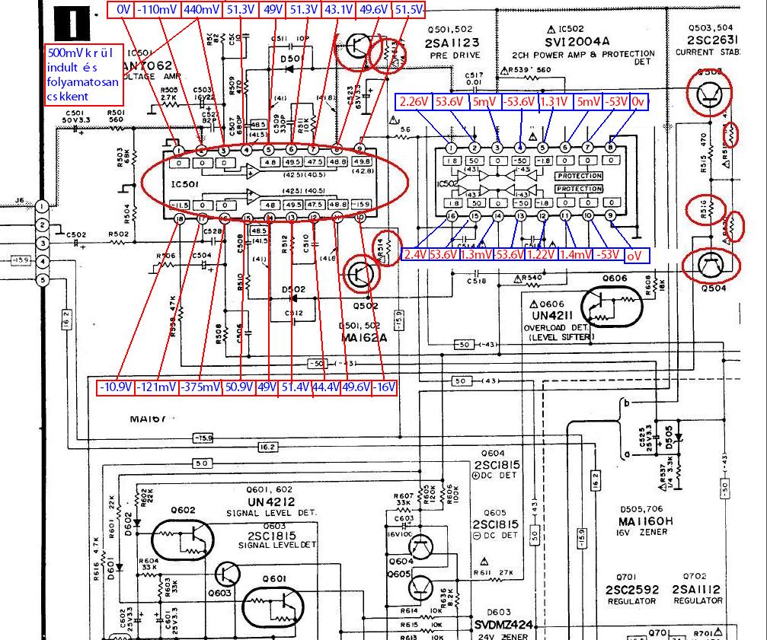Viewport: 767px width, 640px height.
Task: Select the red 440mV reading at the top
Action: [x=202, y=10]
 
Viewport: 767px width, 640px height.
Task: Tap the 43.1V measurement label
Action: [x=339, y=10]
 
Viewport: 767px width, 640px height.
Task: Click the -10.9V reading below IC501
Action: [x=116, y=387]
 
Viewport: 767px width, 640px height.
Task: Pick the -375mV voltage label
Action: [x=200, y=387]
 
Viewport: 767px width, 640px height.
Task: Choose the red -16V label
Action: [x=385, y=387]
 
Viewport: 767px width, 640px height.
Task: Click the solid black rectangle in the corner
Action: [x=75, y=22]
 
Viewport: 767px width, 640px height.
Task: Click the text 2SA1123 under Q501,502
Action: [x=452, y=43]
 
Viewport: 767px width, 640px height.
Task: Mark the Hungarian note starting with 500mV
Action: [x=83, y=75]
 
